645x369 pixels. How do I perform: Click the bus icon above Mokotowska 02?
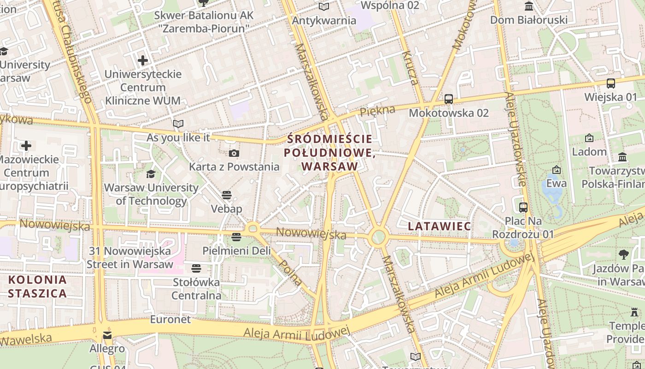(448, 99)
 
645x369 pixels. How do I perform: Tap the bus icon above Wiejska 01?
(611, 83)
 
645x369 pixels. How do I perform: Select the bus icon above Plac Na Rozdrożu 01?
(523, 208)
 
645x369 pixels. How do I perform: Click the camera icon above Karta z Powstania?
(234, 153)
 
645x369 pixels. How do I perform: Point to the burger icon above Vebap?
(226, 195)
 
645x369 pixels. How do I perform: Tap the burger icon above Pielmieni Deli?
(236, 237)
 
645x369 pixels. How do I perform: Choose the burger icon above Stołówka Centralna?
(196, 268)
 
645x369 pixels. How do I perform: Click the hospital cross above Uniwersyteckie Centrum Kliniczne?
(143, 60)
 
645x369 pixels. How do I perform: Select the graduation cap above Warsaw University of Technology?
(151, 174)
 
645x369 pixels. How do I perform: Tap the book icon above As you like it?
(178, 124)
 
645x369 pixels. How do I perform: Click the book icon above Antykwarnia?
(324, 6)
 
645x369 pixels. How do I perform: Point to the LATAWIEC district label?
(440, 226)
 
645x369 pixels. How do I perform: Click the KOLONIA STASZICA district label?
(37, 286)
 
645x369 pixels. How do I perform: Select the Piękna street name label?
(378, 111)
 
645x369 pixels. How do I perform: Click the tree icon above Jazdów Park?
(624, 254)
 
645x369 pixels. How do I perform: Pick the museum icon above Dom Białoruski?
(529, 6)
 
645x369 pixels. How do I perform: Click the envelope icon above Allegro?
(107, 335)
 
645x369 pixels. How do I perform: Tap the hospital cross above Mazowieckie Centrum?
(26, 146)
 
